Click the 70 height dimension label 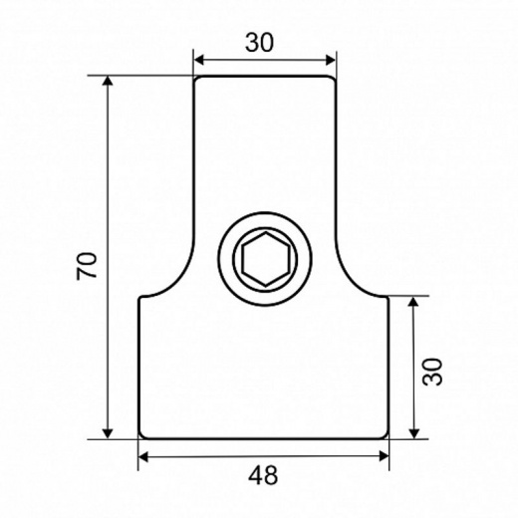click(x=87, y=266)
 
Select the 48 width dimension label click(x=263, y=475)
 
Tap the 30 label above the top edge click(x=260, y=43)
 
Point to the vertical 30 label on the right click(x=432, y=372)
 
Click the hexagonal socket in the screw click(x=265, y=259)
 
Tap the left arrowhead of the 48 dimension click(x=142, y=457)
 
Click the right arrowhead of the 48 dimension click(x=384, y=457)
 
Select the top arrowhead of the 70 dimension click(x=107, y=81)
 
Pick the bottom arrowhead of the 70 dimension click(x=107, y=433)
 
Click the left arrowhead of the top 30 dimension click(x=198, y=60)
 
